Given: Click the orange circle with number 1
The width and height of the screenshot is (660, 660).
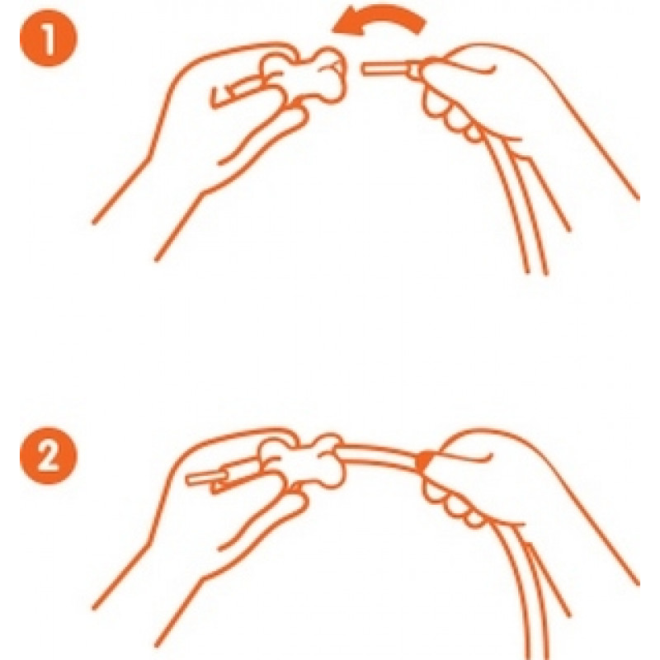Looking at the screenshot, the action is [49, 38].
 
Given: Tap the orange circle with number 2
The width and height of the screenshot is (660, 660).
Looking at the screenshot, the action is [49, 456].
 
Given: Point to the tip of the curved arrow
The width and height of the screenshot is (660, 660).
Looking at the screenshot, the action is [332, 30].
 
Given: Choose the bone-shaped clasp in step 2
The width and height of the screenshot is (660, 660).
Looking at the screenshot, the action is [302, 462].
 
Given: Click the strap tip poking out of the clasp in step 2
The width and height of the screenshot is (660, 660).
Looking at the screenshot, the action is [206, 478].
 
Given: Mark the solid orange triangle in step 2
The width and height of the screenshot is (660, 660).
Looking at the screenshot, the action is [423, 461].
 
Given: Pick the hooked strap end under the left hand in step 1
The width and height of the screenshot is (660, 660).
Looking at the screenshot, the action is [236, 93].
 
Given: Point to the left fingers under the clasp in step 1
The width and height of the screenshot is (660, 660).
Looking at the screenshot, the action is [261, 134].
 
